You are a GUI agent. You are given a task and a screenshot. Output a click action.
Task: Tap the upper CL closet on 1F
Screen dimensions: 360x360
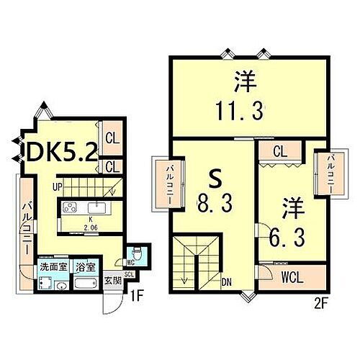(112, 139)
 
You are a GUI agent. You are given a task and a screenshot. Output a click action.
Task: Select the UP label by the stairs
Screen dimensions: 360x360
(55, 187)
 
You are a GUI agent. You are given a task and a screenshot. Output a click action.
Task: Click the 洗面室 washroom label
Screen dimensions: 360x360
(53, 265)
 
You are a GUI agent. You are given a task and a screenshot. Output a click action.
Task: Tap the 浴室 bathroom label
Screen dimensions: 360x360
(84, 265)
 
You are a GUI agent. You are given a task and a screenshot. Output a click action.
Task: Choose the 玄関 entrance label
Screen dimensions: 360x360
(112, 281)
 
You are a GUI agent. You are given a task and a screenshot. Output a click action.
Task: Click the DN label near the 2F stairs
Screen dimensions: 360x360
(226, 282)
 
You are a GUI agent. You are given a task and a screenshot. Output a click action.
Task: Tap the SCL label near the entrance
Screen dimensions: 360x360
(130, 274)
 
